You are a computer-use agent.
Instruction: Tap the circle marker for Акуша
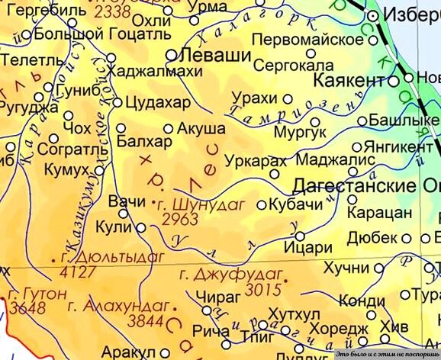pyautogui.click(x=169, y=129)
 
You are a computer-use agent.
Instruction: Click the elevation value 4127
pyautogui.click(x=72, y=271)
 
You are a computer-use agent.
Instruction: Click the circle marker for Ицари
pyautogui.click(x=300, y=236)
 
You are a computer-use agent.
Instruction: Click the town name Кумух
pyautogui.click(x=66, y=167)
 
